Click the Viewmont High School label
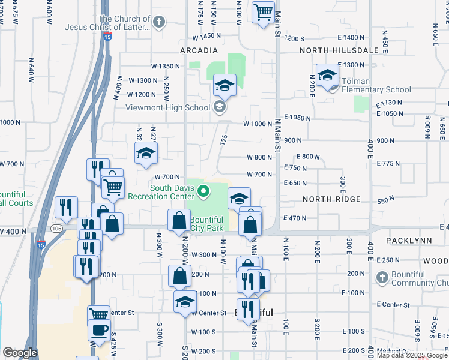pos(167,108)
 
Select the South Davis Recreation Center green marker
pos(203,192)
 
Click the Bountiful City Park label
pos(206,224)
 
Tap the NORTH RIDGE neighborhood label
pos(331,199)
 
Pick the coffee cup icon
pos(99,329)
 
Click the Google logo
pos(20,353)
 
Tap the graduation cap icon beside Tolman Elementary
pos(327,75)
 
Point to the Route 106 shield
pos(56,229)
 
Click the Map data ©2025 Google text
pos(412,355)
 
